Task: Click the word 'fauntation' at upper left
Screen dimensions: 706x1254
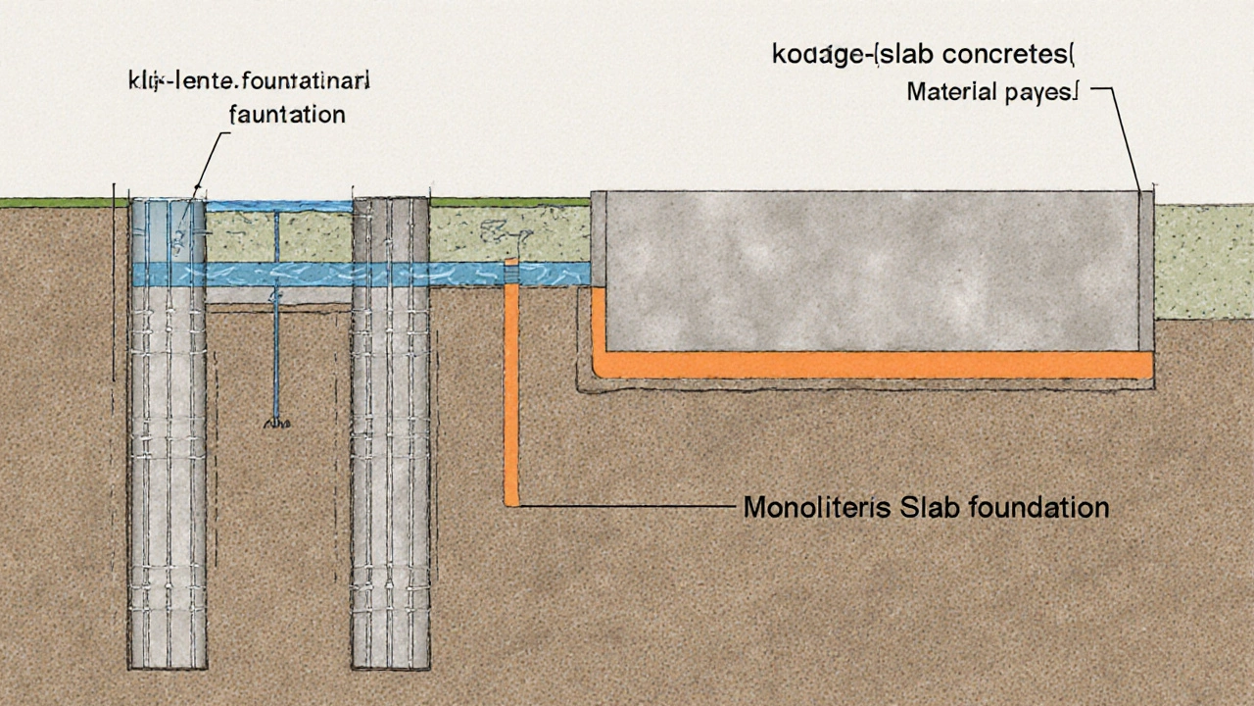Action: point(286,115)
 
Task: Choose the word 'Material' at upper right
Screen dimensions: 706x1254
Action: point(949,93)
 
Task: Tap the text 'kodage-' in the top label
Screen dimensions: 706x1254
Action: point(813,55)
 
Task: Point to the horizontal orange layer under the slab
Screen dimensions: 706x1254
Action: point(872,365)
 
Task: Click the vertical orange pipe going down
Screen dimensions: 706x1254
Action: point(510,392)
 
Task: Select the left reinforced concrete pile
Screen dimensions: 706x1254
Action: point(169,441)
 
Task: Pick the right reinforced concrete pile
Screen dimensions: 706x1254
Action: point(391,441)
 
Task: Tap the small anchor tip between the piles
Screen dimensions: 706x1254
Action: point(275,423)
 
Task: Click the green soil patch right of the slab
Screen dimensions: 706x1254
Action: point(1203,260)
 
